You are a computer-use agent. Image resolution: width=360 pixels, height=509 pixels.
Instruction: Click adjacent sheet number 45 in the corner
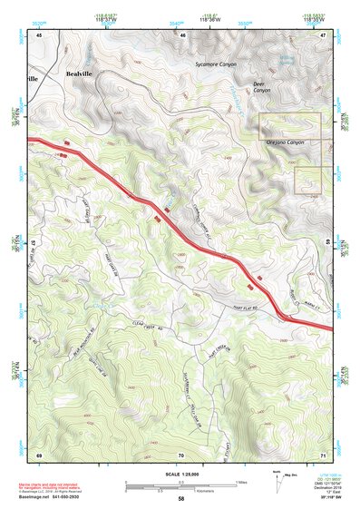tap(39, 34)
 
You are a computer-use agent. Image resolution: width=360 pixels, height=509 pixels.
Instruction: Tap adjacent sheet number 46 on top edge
tap(182, 34)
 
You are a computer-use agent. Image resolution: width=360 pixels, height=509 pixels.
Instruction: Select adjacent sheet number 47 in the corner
tap(323, 34)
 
